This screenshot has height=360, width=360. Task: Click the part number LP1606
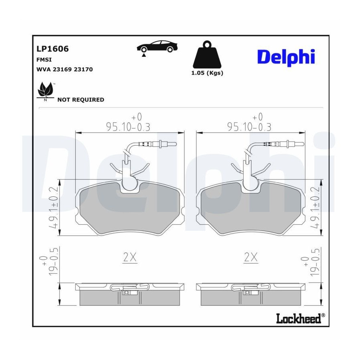pos(52,49)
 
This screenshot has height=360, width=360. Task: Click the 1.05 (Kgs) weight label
pos(207,73)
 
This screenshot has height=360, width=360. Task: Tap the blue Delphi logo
pos(286,57)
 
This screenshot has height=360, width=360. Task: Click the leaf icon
pos(46,91)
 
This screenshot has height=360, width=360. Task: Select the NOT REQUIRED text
pos(81,100)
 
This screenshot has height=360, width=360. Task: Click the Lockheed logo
pos(300,318)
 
